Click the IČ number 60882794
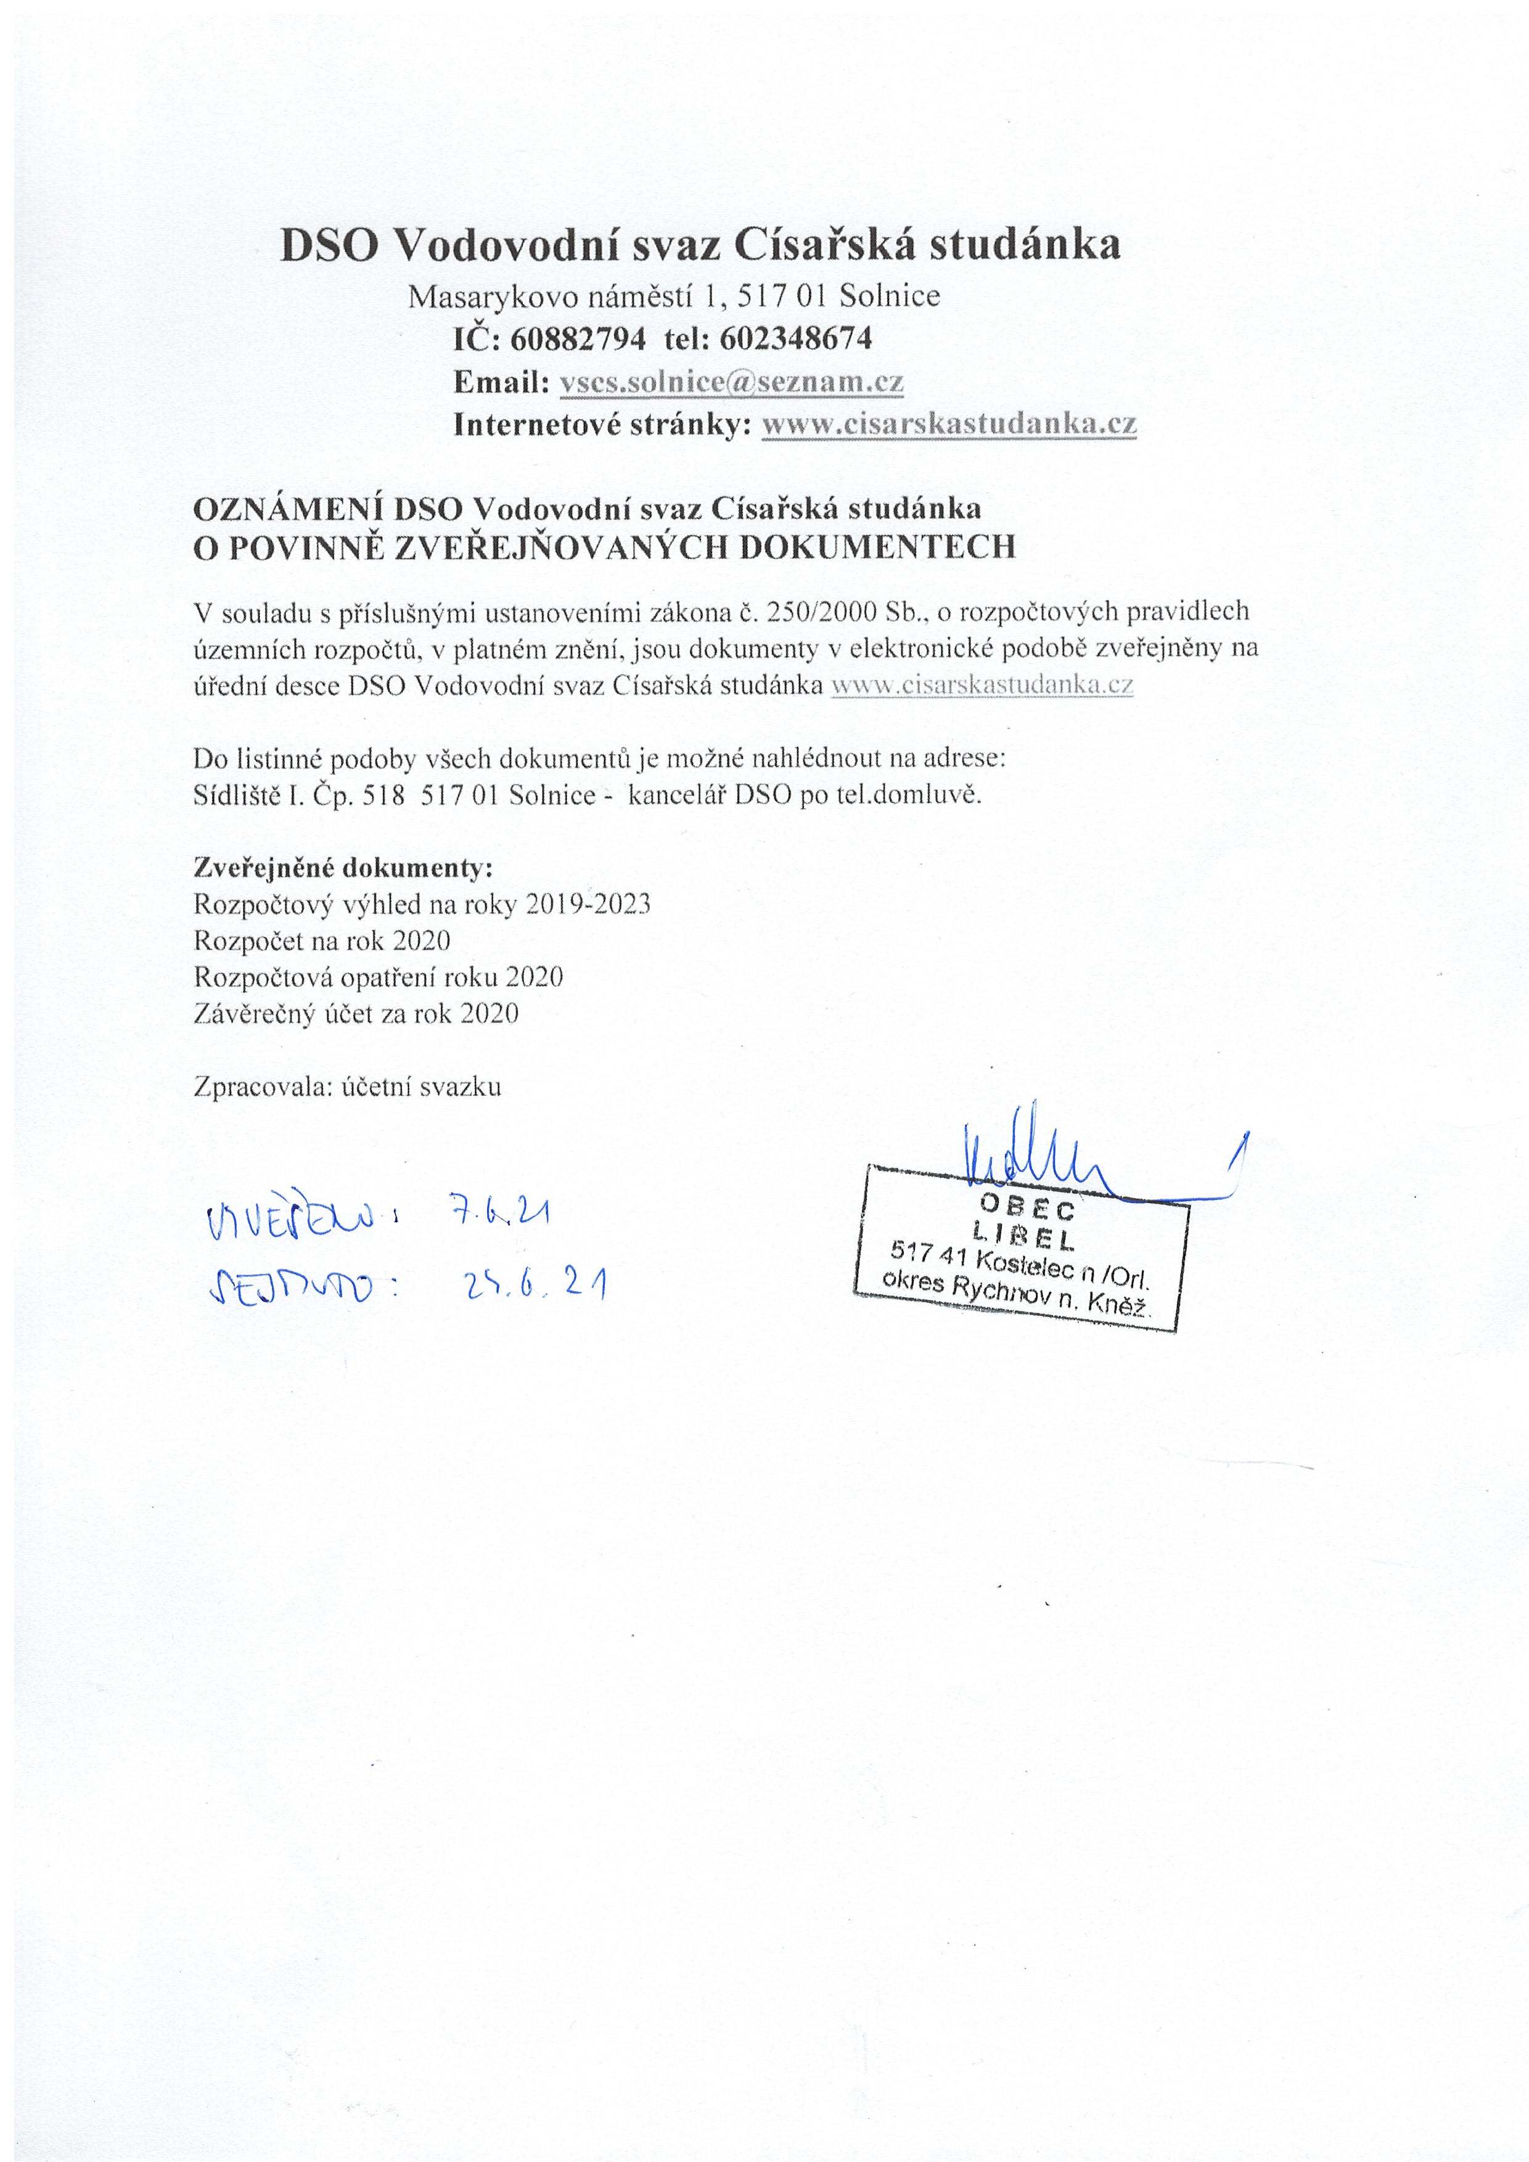[x=578, y=339]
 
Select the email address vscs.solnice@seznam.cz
[x=731, y=382]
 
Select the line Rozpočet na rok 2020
[x=322, y=940]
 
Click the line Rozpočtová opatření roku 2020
[x=378, y=977]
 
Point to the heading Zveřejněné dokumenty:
[x=343, y=867]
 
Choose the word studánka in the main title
[x=1025, y=246]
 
